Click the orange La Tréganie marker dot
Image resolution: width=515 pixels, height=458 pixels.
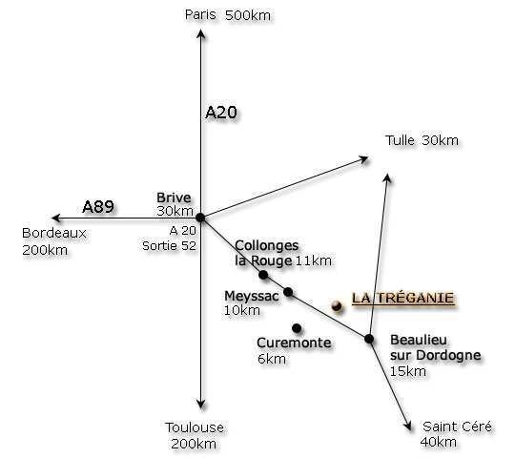[x=337, y=306]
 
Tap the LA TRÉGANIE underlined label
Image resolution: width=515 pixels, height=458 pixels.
[x=403, y=298]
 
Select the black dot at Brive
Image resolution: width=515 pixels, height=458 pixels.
[x=200, y=218]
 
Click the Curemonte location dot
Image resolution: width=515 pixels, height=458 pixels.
[x=297, y=328]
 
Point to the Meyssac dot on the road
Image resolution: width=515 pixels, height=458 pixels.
[x=288, y=292]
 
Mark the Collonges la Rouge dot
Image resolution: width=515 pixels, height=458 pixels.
[x=263, y=275]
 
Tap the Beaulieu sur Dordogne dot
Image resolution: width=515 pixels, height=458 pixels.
[x=369, y=339]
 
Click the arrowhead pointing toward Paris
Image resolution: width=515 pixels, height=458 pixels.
[x=201, y=33]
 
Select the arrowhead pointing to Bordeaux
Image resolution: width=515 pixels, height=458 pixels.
[x=56, y=218]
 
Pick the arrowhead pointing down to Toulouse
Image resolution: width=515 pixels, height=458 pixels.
[x=201, y=405]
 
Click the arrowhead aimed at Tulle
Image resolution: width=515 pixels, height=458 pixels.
[x=364, y=159]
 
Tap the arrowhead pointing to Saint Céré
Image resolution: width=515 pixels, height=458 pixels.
[x=408, y=427]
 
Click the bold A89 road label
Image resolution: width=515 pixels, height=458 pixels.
[x=98, y=207]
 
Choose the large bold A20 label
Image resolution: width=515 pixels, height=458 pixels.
[x=221, y=113]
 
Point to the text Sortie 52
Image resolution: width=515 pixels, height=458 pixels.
[x=169, y=246]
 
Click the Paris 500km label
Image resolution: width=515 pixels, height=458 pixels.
[x=228, y=15]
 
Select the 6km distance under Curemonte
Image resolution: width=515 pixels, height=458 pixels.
[x=271, y=359]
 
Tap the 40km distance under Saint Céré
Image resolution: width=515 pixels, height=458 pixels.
[x=439, y=442]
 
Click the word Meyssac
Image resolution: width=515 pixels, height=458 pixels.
[x=252, y=296]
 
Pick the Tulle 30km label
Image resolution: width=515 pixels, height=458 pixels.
[x=422, y=140]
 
